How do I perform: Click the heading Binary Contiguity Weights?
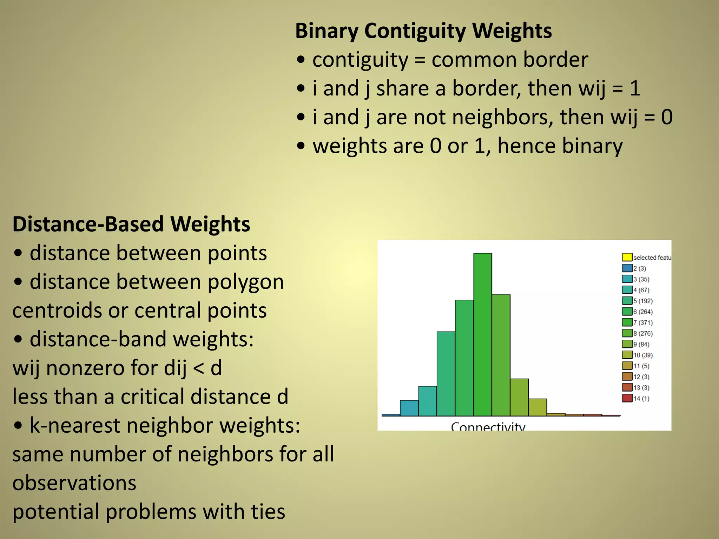[x=423, y=31]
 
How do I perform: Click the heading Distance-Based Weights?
[x=131, y=224]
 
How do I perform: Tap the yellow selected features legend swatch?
[x=627, y=257]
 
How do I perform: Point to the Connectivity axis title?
[x=488, y=426]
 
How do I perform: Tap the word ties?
[x=268, y=512]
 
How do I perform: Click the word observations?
[x=74, y=483]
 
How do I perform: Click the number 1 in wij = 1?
[x=635, y=88]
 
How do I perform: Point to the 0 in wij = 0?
[x=667, y=117]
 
